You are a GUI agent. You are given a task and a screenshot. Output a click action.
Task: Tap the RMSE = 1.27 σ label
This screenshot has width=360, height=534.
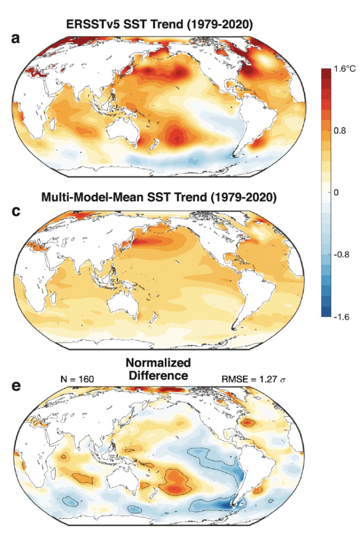252,379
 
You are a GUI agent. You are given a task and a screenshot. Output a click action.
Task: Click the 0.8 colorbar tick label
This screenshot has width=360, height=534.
340,131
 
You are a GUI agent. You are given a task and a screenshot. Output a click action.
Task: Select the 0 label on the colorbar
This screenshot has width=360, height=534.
337,192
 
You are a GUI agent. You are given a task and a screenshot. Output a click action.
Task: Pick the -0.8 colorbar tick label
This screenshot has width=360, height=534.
341,254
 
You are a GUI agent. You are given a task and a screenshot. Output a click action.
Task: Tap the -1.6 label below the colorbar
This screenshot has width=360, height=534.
341,316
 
